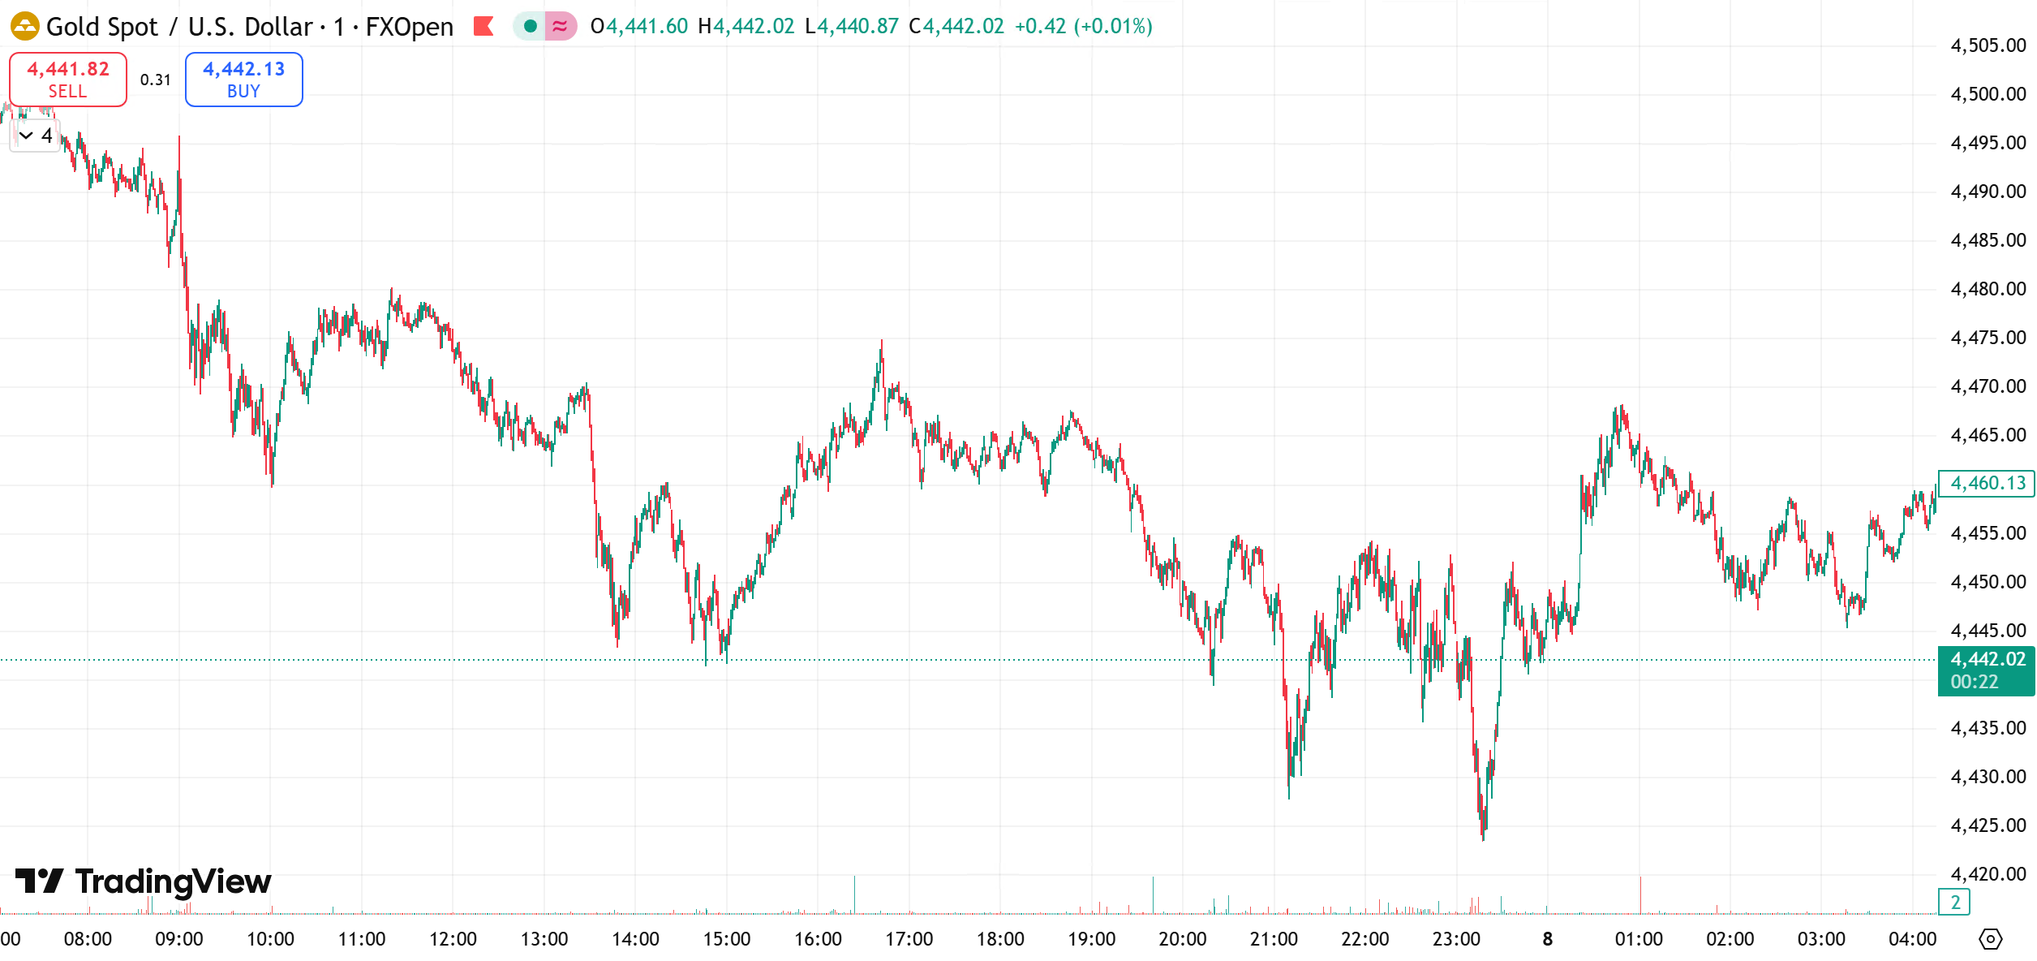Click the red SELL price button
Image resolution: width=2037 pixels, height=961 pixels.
point(68,80)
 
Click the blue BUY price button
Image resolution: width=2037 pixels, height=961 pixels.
point(243,80)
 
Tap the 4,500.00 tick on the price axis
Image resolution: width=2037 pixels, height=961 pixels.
point(1988,94)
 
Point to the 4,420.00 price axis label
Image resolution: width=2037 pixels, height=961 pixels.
point(1988,874)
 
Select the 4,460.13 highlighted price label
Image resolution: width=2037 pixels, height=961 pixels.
point(1987,483)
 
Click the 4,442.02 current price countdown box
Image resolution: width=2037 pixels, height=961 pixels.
point(1987,670)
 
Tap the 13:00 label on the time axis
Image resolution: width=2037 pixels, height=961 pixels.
point(544,939)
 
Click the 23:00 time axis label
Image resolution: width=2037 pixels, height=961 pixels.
point(1456,939)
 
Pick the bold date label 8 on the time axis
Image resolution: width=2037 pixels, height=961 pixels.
point(1547,939)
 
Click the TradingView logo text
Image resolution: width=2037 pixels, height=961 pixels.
point(172,881)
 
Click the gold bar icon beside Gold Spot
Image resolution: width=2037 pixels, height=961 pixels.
point(24,26)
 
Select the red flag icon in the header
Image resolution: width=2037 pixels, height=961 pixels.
point(483,26)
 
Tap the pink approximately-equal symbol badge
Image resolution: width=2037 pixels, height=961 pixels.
point(560,26)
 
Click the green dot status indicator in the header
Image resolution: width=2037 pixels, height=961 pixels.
point(530,26)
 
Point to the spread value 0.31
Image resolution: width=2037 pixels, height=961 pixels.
point(155,80)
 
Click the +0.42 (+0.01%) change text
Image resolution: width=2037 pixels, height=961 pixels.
point(1083,26)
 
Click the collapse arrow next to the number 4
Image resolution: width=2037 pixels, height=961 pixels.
point(26,136)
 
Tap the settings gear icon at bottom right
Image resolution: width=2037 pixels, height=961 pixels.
point(1990,939)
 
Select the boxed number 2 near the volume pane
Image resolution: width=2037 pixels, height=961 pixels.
point(1955,902)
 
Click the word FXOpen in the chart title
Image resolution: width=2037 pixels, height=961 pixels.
point(409,26)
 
